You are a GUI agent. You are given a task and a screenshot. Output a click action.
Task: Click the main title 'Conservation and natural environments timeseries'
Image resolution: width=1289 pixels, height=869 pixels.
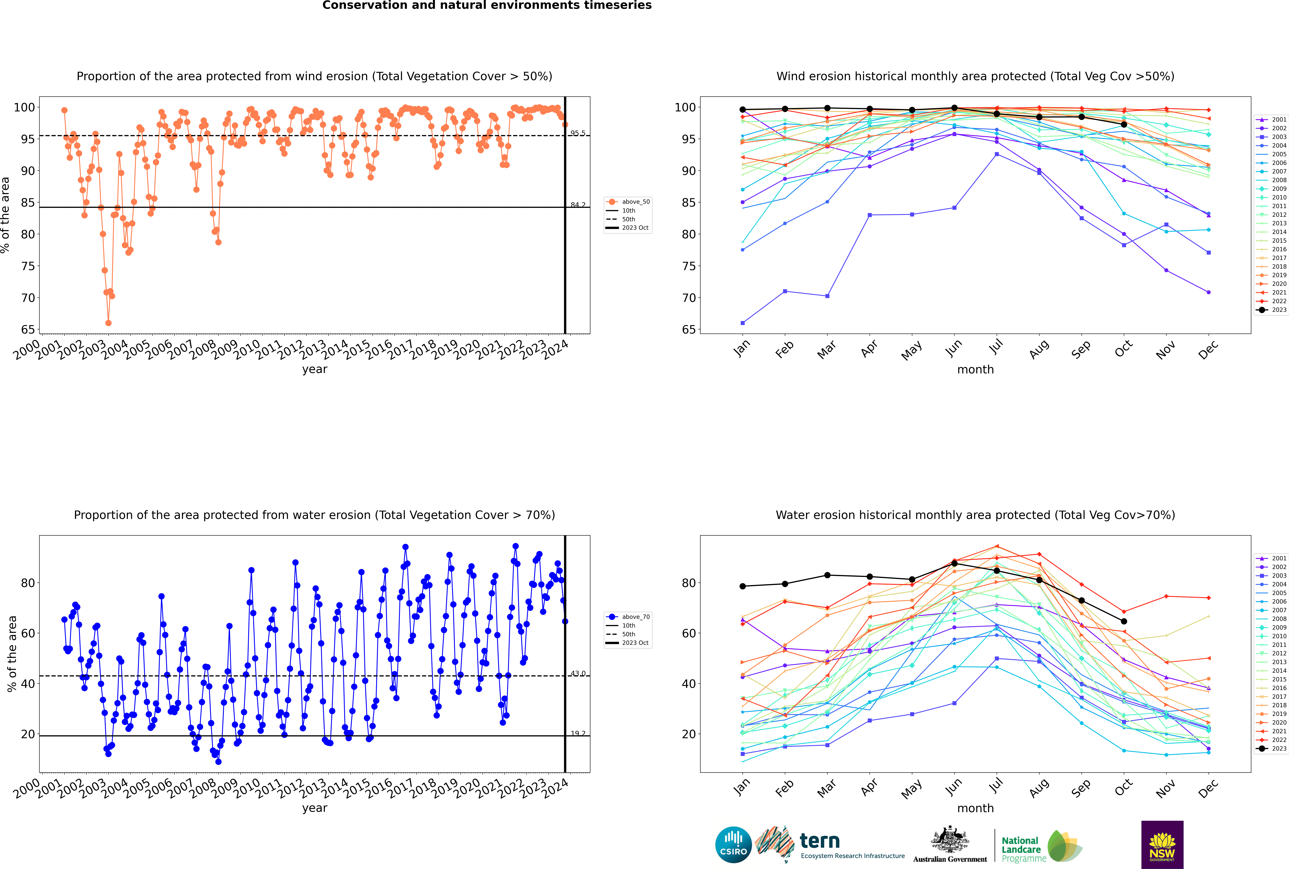tap(487, 6)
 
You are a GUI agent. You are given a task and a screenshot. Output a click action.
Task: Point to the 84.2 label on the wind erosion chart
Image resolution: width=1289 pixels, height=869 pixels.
tap(578, 205)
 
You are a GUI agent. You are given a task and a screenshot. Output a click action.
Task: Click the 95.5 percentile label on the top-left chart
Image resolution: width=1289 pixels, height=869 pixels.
tap(578, 133)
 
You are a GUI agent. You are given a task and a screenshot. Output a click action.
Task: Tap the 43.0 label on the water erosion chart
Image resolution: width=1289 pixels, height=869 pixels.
tap(578, 673)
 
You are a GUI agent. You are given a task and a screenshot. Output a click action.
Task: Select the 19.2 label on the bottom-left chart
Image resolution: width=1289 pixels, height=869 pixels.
tap(578, 733)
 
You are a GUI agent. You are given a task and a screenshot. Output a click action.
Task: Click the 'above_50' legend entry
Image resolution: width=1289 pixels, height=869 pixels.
tap(635, 202)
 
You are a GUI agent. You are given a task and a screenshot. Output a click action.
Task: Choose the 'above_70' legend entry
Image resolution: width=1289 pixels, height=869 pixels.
tap(635, 617)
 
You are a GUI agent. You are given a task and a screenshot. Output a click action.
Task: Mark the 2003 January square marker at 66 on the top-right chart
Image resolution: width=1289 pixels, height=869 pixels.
tap(743, 323)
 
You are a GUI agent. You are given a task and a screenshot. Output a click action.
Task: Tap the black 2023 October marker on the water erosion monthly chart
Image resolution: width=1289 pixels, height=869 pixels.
tap(1124, 621)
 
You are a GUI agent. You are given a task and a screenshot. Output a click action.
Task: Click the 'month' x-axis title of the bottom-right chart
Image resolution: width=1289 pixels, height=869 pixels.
tap(975, 808)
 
